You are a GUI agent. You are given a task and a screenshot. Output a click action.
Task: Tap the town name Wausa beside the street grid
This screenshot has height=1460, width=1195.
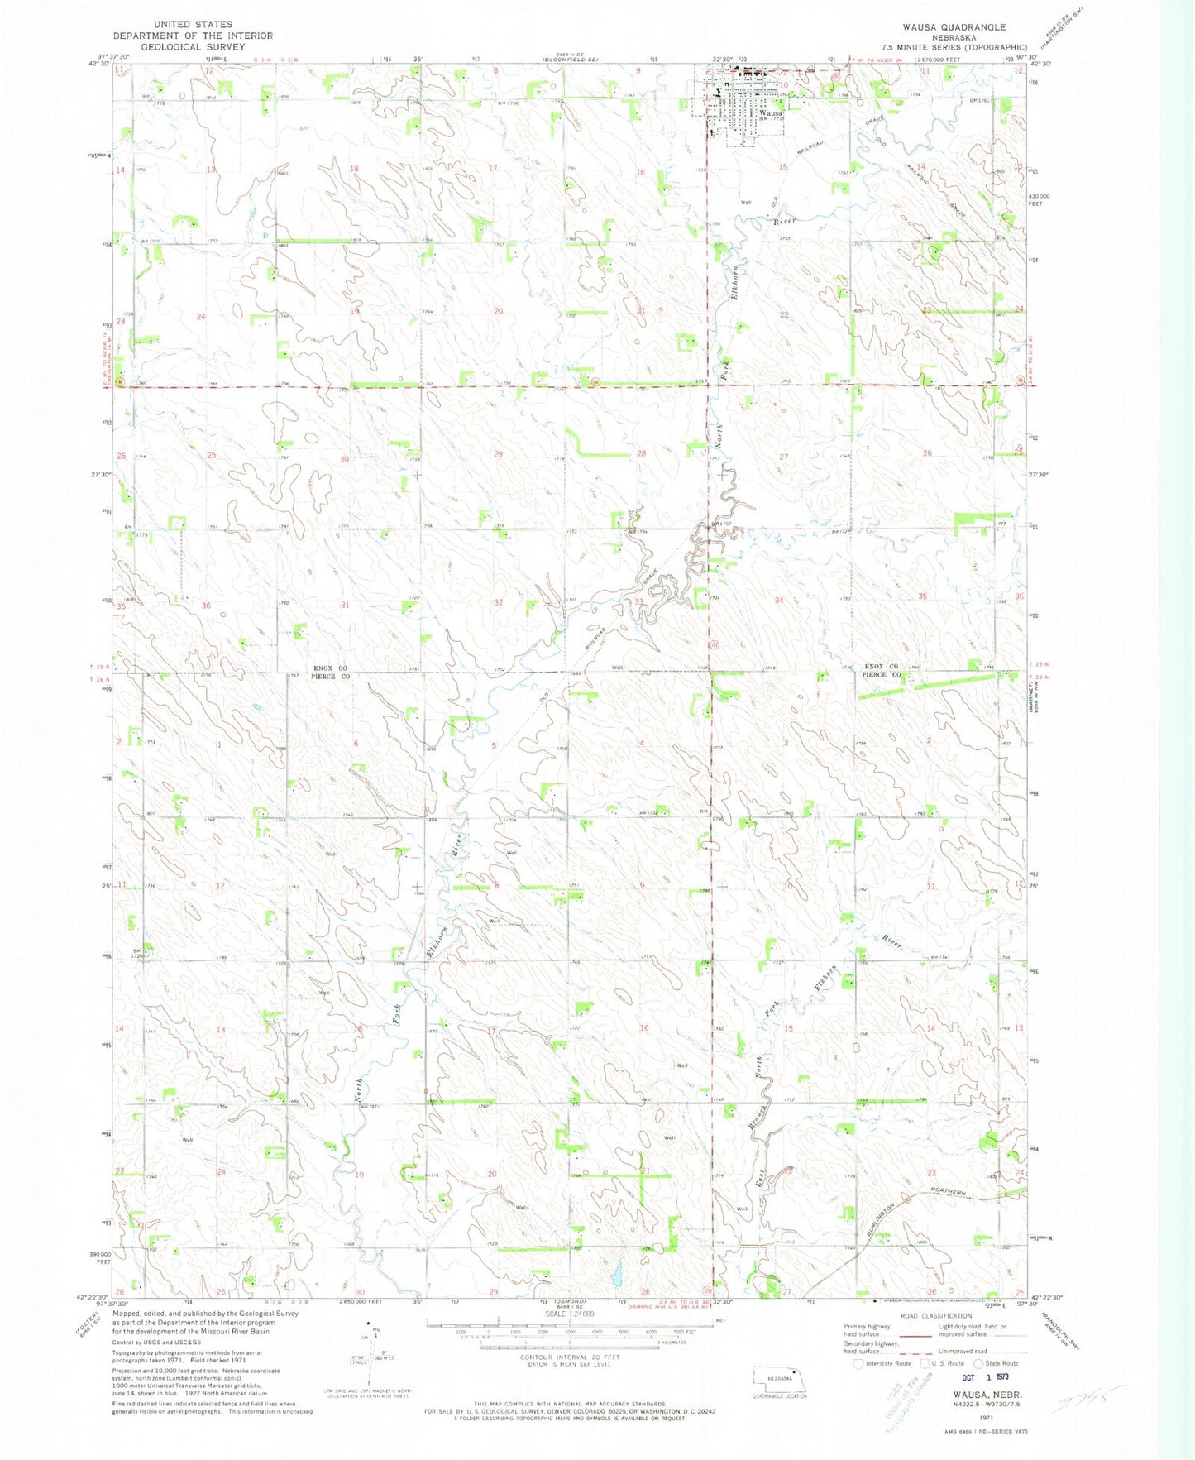tap(770, 112)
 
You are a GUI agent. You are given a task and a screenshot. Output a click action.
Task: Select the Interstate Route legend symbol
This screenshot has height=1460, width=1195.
tap(858, 1363)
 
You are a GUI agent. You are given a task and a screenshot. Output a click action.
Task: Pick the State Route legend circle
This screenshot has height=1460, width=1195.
tap(979, 1363)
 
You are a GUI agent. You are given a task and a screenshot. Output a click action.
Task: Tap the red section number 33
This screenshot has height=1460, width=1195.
tap(639, 602)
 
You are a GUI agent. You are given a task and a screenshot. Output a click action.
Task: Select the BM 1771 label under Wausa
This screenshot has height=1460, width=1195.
tap(770, 121)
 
